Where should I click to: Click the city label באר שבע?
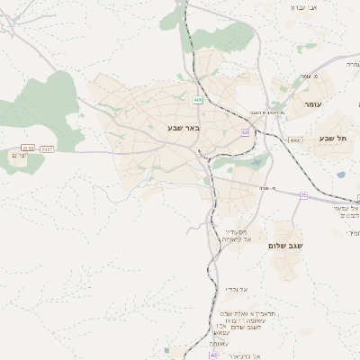182,128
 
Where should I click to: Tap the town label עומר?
313,104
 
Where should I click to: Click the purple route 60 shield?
245,132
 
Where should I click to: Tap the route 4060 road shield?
295,140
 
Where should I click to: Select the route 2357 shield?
48,148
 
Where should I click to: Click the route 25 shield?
304,194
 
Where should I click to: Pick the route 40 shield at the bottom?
213,355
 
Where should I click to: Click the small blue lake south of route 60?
258,164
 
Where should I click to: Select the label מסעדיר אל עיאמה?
240,236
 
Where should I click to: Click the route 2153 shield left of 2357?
28,148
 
